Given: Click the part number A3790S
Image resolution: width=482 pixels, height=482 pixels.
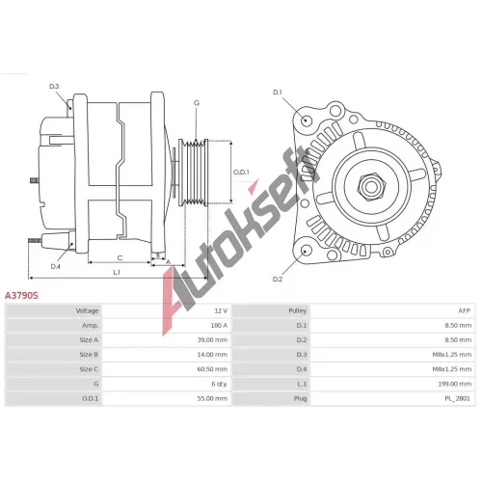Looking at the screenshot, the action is [x=21, y=295].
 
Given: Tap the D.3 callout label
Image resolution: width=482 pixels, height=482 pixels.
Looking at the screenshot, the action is [x=54, y=87].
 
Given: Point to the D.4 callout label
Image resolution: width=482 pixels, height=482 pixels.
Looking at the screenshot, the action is [x=56, y=266].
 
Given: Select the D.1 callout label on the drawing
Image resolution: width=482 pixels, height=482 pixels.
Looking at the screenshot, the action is [x=278, y=93].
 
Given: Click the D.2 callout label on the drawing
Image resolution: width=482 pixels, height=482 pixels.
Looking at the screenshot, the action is [x=278, y=280].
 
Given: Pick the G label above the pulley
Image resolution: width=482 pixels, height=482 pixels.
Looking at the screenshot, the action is [x=197, y=103].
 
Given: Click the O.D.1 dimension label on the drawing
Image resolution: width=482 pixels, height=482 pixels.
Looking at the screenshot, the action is [x=241, y=173].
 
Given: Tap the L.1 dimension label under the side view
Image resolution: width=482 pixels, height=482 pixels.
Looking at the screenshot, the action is [x=117, y=273].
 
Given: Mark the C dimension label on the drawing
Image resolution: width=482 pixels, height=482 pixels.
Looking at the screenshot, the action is [x=120, y=258].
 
